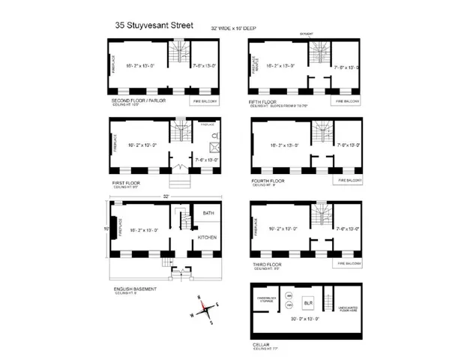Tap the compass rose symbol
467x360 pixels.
click(x=203, y=307)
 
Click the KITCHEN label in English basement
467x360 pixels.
click(x=207, y=237)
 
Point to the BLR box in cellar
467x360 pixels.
click(x=307, y=303)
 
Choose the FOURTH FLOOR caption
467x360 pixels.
click(x=268, y=180)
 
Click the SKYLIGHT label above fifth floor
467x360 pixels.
click(x=305, y=33)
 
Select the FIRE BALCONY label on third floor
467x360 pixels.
click(x=349, y=263)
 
